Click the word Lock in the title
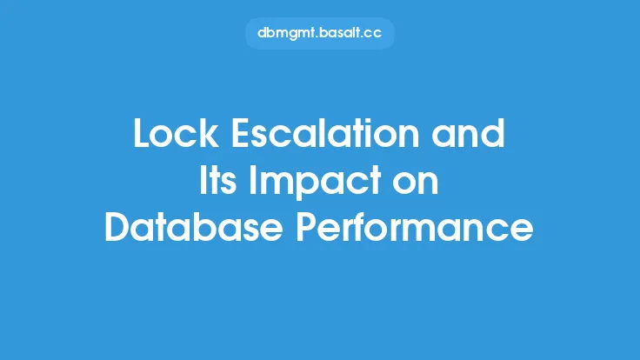click(176, 133)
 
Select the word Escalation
click(325, 133)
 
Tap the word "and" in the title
click(468, 133)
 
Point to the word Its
click(217, 180)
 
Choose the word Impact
click(315, 182)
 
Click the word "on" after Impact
click(416, 183)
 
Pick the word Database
click(194, 227)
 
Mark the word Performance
click(415, 227)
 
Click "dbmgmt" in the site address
click(287, 33)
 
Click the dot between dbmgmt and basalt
click(318, 37)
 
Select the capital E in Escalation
click(240, 133)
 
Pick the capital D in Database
click(118, 227)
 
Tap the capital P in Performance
click(306, 227)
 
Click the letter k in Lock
click(210, 133)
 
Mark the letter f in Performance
click(372, 226)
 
